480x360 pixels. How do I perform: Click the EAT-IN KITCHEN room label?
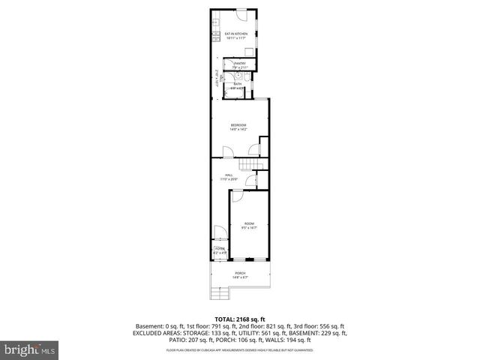point(236,35)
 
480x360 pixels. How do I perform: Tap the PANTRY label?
point(240,65)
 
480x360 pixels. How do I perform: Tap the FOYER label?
point(219,250)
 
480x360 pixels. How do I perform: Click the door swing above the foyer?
point(218,232)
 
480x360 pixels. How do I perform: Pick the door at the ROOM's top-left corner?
point(235,196)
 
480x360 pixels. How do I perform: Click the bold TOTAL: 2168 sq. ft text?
point(239,319)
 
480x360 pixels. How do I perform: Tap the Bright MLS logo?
point(29,349)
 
